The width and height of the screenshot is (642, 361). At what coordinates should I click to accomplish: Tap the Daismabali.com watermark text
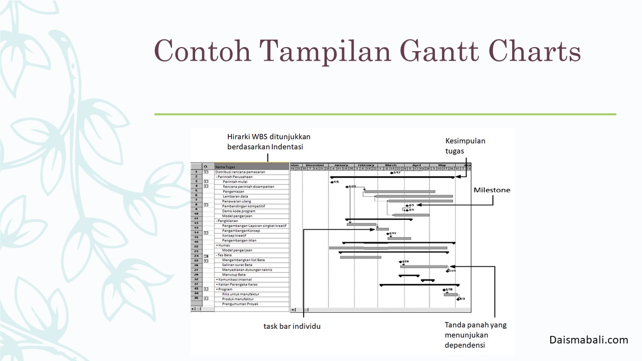click(588, 340)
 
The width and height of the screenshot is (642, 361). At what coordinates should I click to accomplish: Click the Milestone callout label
click(492, 190)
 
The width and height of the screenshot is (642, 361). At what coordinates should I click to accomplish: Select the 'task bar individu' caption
click(292, 326)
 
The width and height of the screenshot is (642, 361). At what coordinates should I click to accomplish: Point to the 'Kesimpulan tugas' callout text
click(465, 146)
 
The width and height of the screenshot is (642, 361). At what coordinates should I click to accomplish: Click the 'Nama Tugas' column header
click(225, 167)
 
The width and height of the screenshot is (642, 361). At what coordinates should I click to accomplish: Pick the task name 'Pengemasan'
click(234, 192)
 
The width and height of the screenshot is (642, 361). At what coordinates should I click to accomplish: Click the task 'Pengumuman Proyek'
click(240, 304)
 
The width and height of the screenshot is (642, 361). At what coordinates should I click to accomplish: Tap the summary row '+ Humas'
click(224, 245)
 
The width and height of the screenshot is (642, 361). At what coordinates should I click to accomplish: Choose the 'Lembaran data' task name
click(235, 197)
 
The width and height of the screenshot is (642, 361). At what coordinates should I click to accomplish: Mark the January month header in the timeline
click(341, 164)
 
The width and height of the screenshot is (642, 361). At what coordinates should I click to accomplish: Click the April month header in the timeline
click(416, 164)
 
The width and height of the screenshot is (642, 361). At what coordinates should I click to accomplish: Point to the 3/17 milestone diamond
click(391, 172)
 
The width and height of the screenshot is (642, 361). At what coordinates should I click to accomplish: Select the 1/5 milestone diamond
click(332, 182)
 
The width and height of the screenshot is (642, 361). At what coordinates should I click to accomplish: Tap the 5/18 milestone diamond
click(444, 289)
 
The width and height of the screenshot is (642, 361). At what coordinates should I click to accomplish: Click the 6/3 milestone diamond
click(458, 299)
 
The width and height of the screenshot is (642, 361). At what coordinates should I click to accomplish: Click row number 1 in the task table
click(196, 172)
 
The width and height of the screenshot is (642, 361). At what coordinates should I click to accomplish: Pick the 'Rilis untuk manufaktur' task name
click(241, 294)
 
